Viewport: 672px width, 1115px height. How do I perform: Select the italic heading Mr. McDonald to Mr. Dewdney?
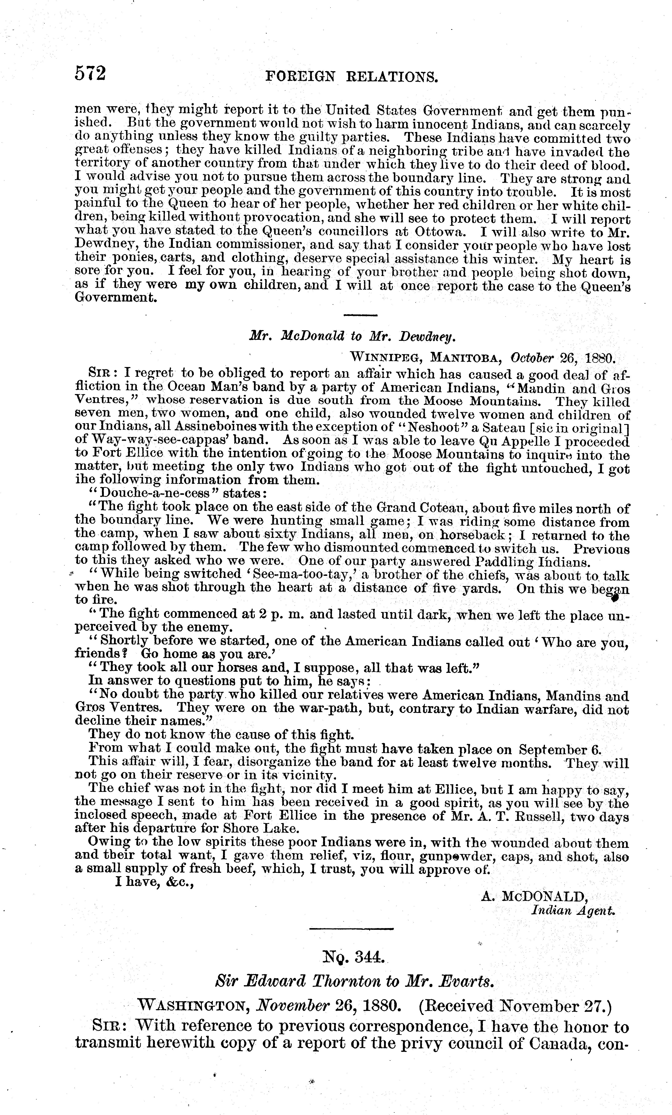351,336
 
